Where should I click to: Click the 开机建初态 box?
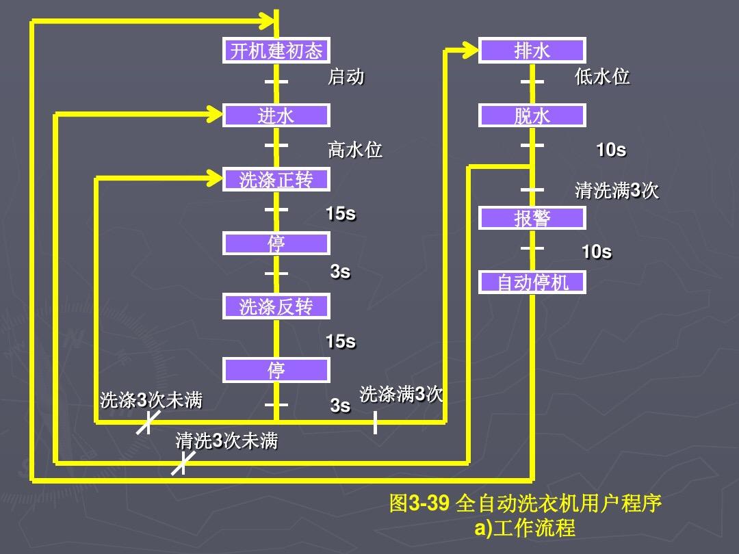pos(276,51)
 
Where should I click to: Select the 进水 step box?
pos(276,116)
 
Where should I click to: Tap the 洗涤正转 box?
pos(276,180)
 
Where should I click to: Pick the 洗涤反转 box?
pos(276,306)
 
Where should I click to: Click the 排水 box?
pos(532,51)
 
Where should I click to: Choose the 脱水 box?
pos(532,116)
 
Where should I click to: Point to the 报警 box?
pos(532,218)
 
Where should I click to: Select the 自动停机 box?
pos(532,282)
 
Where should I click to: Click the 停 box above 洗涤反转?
pos(276,243)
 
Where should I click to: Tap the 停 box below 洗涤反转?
pos(276,370)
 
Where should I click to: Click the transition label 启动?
pos(346,77)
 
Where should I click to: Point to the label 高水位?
pos(354,149)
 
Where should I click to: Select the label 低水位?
pos(602,77)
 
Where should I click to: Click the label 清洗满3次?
pos(617,190)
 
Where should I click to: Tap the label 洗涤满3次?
pos(402,394)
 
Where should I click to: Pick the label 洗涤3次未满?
pos(151,400)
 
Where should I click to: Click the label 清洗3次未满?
pos(226,441)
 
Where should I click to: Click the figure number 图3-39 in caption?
pos(419,504)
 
